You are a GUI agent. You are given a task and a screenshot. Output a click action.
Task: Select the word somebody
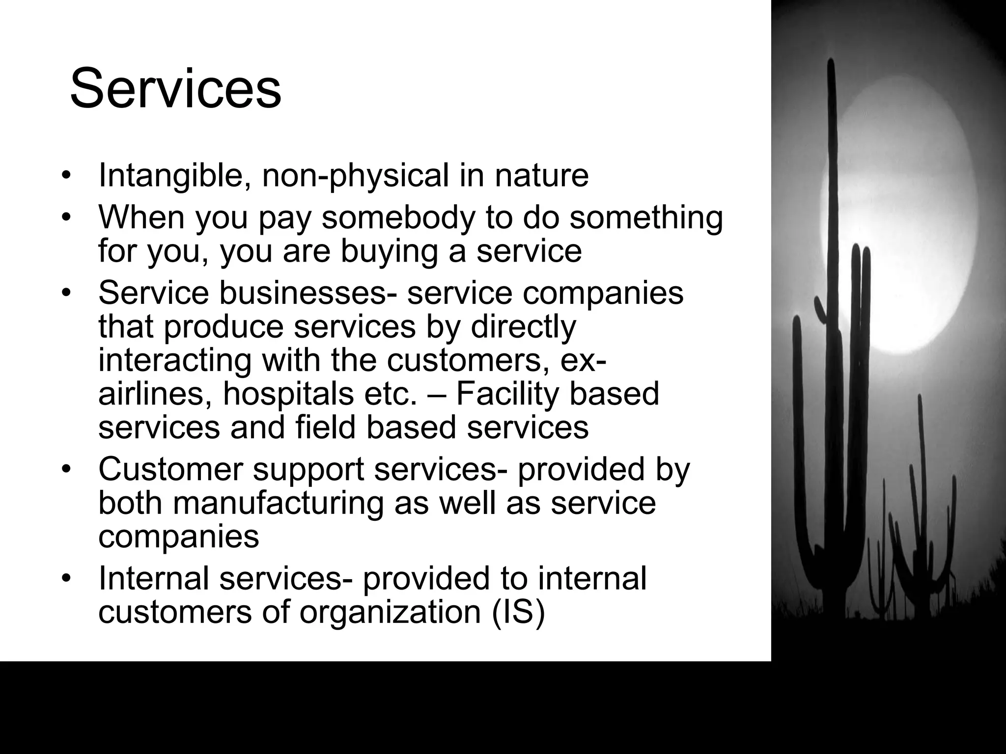click(398, 217)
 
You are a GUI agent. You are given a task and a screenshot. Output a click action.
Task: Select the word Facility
click(506, 394)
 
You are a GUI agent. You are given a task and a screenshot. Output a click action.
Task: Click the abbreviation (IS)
click(518, 612)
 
